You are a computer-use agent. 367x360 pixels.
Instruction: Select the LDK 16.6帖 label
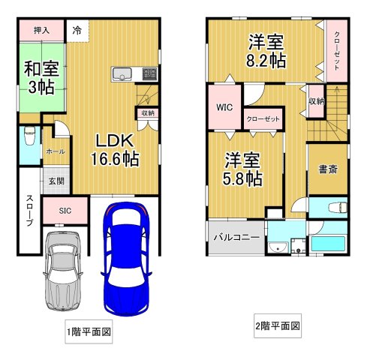(114, 149)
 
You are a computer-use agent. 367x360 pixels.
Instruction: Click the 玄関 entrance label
(56, 181)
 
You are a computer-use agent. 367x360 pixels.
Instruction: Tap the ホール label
(55, 151)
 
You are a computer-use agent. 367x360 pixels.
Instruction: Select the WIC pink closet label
(225, 107)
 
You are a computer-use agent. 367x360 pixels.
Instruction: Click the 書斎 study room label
(327, 169)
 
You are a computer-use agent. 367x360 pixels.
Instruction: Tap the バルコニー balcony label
(236, 237)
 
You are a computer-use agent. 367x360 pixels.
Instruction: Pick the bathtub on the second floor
(327, 242)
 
